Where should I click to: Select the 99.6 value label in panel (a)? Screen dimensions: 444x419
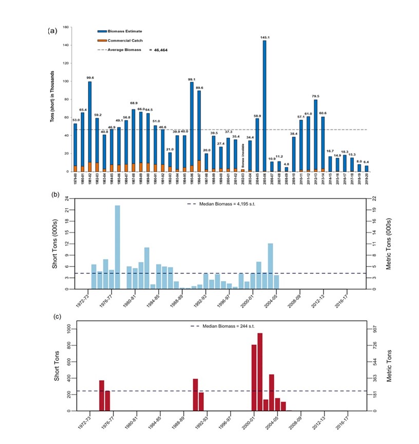click(90, 78)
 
